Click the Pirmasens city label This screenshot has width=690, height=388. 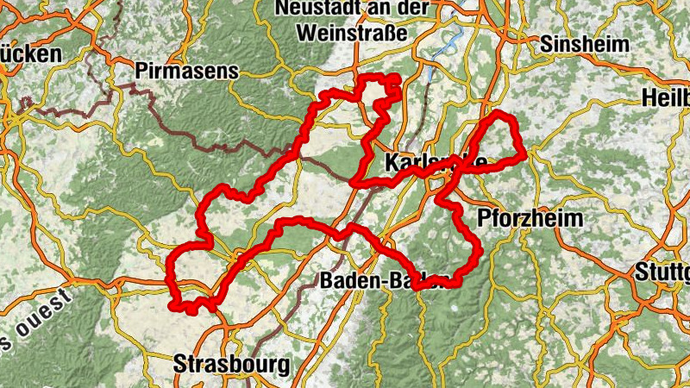[x=185, y=71]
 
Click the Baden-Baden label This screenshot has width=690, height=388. [x=385, y=281]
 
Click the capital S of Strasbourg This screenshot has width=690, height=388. [x=179, y=363]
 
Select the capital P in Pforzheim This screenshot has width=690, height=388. [x=482, y=216]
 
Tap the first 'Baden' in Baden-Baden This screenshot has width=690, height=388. [x=349, y=281]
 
